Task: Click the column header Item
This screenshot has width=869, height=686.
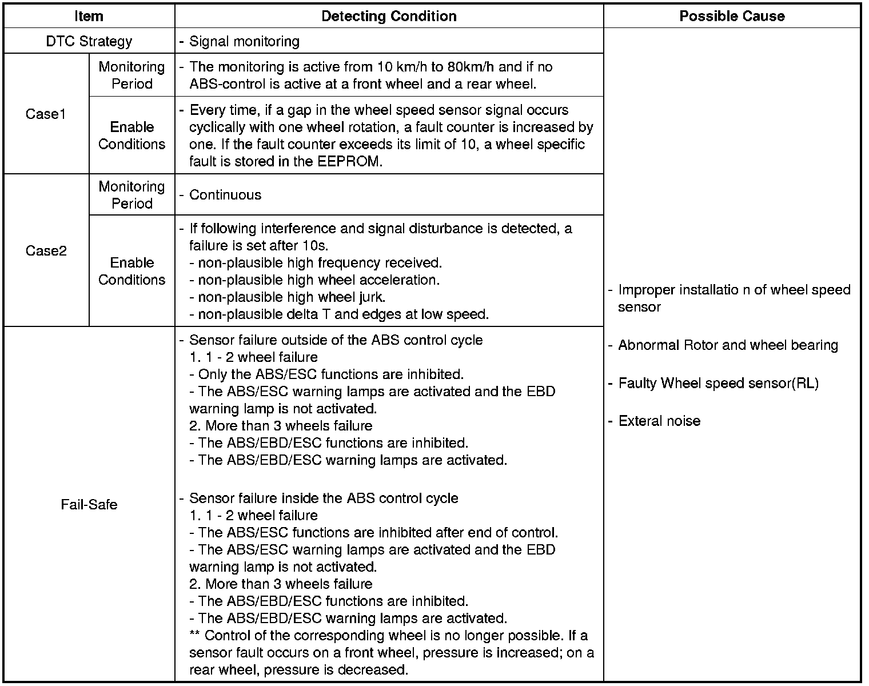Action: (x=89, y=16)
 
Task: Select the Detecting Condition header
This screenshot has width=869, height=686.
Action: (x=389, y=16)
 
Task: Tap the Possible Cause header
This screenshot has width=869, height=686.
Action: (x=732, y=16)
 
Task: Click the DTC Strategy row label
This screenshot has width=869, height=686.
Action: (x=89, y=41)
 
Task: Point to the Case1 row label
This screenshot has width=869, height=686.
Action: (x=46, y=114)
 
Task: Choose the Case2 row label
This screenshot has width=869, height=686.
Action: (x=46, y=251)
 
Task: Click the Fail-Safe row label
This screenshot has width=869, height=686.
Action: (x=89, y=505)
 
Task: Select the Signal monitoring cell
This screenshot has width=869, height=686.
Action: (x=244, y=41)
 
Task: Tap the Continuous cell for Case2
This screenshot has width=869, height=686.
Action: (x=225, y=195)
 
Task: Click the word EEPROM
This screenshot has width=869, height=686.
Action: (x=349, y=161)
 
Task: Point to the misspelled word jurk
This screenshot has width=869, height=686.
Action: (x=372, y=297)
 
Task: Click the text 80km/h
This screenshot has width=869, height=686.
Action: (x=471, y=67)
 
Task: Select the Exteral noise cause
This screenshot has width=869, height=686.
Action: (x=659, y=421)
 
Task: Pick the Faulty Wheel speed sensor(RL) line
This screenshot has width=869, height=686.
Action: (x=718, y=383)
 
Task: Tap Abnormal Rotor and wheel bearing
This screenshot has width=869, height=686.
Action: (x=728, y=345)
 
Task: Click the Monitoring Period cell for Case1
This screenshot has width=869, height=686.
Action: (x=131, y=75)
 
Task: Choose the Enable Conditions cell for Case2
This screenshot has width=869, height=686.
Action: (x=131, y=271)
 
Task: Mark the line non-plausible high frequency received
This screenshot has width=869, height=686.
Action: (x=320, y=263)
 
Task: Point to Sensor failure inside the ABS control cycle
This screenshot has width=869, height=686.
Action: (x=324, y=498)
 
